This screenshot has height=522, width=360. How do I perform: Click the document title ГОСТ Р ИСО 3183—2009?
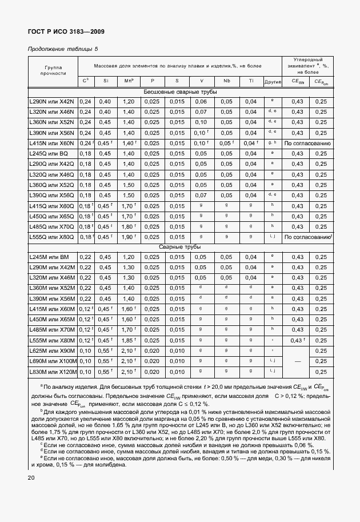pyautogui.click(x=66, y=33)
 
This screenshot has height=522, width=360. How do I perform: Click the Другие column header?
pyautogui.click(x=273, y=82)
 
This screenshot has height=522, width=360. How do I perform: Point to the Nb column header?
pyautogui.click(x=227, y=81)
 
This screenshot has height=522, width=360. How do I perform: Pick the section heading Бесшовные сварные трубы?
pyautogui.click(x=179, y=92)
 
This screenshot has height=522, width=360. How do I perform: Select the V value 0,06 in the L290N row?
pyautogui.click(x=201, y=102)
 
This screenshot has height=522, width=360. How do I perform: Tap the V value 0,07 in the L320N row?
pyautogui.click(x=201, y=112)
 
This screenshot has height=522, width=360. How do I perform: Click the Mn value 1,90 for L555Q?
pyautogui.click(x=127, y=237)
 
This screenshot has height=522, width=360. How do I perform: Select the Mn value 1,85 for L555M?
pyautogui.click(x=127, y=340)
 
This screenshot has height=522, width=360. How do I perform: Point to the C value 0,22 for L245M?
pyautogui.click(x=86, y=257)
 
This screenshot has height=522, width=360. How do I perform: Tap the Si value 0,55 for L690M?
pyautogui.click(x=104, y=361)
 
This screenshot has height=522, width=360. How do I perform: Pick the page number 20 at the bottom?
pyautogui.click(x=31, y=478)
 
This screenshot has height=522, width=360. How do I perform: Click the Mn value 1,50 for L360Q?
pyautogui.click(x=127, y=185)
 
